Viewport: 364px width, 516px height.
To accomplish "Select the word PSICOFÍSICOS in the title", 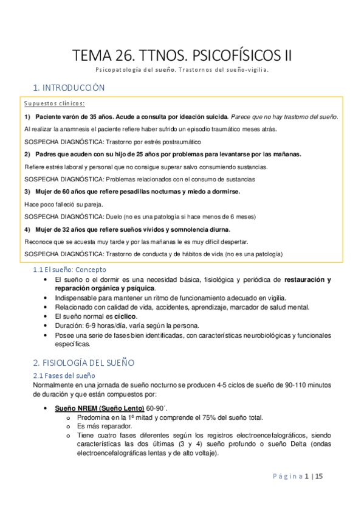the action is tap(229, 56).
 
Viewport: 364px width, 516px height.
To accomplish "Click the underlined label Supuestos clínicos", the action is tap(55, 103).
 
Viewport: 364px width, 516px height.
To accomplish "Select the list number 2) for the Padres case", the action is tap(28, 154).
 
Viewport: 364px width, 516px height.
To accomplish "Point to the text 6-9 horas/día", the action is tap(102, 326).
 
